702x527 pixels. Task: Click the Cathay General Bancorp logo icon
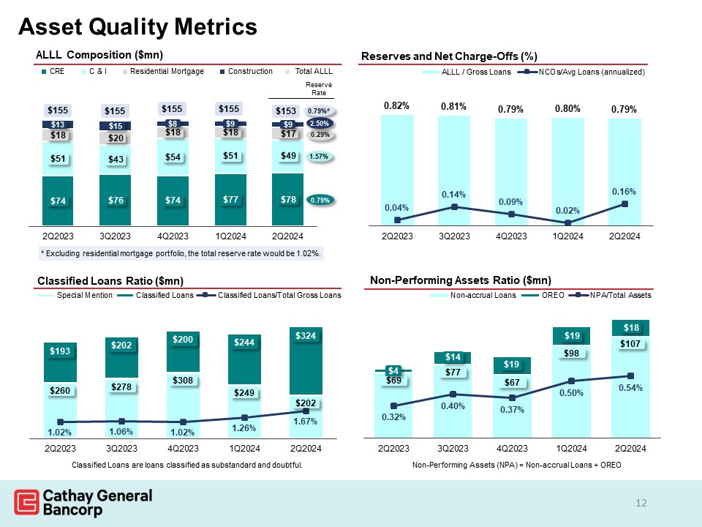point(26,503)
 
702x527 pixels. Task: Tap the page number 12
point(642,503)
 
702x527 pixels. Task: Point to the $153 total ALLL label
point(286,111)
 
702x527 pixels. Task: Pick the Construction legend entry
point(246,72)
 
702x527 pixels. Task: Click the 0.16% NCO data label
point(625,191)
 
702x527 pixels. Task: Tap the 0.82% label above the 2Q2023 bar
point(397,107)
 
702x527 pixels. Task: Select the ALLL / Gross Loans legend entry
point(472,72)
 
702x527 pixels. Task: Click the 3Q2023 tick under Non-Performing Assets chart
point(453,447)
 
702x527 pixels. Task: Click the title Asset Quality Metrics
point(137,26)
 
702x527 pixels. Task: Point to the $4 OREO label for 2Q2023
point(393,370)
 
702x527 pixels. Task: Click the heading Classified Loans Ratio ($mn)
point(110,281)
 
